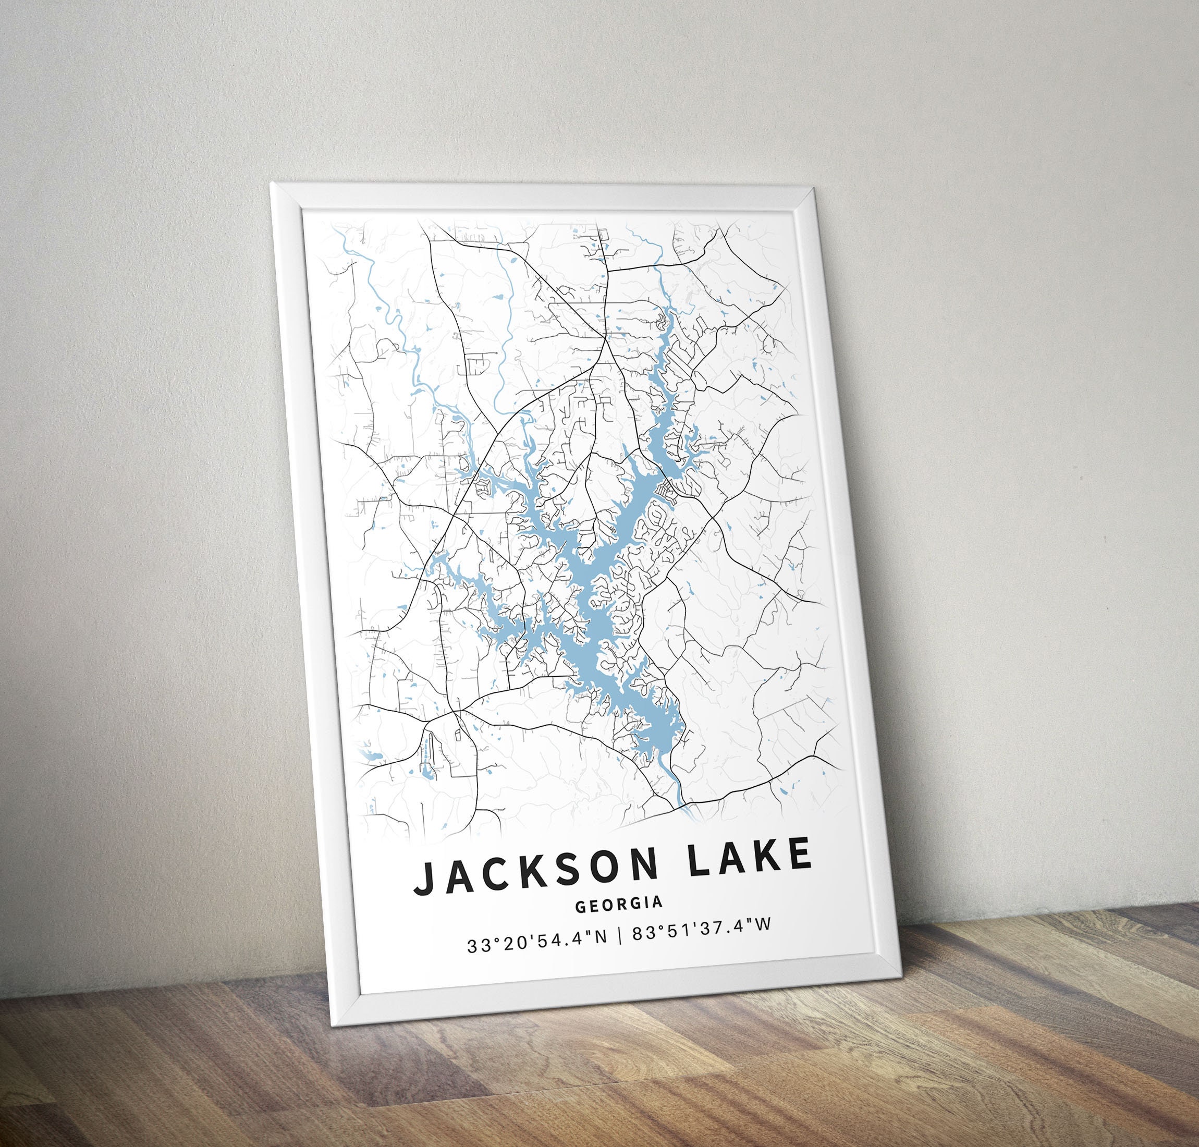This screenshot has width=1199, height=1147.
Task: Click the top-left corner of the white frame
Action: (272, 181)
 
